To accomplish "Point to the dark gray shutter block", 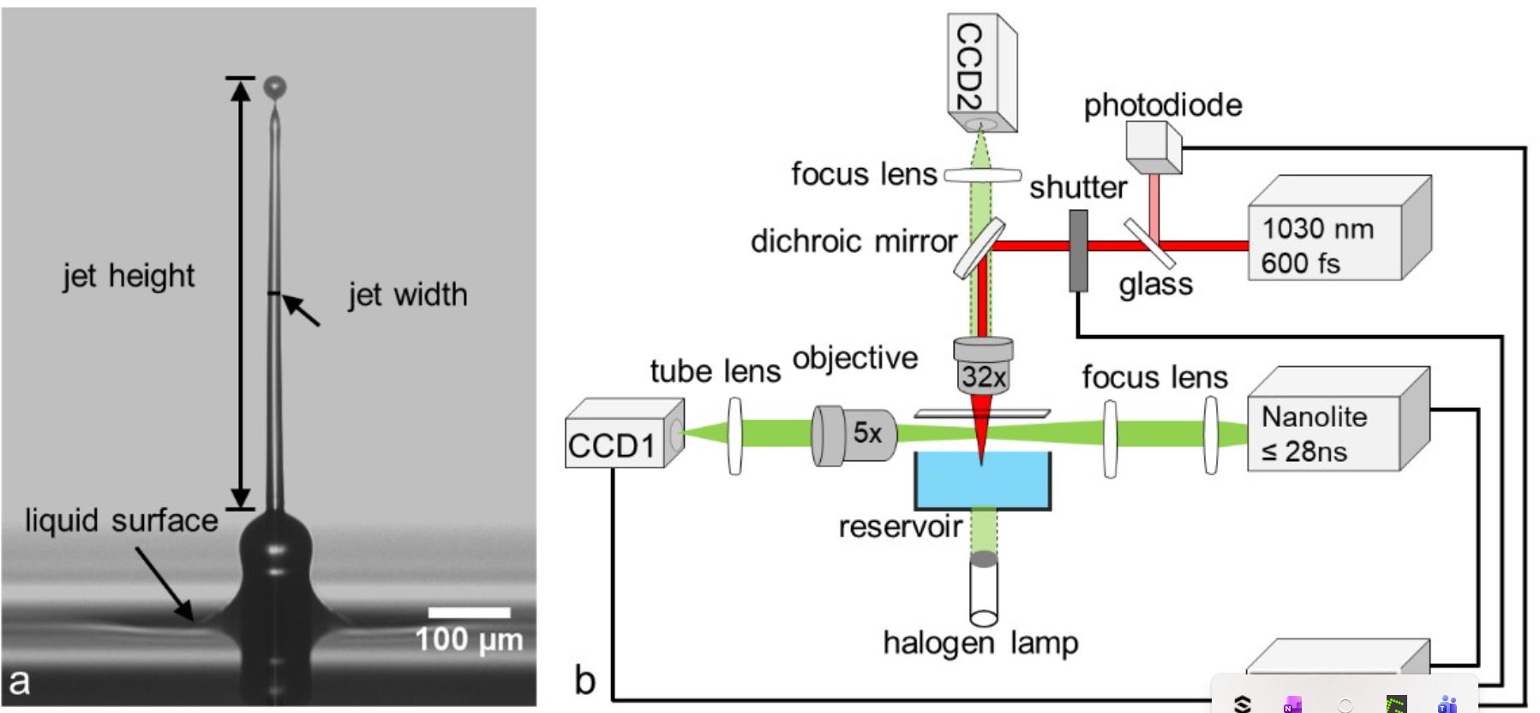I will pos(1078,250).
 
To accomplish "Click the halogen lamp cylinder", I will pos(984,590).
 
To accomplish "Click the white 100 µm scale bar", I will pos(469,613).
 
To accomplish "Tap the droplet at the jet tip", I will pos(274,87).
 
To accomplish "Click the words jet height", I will pos(129,277).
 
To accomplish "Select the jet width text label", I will pos(407,296).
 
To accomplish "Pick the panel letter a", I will pos(19,682).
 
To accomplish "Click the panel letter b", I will pos(584,682).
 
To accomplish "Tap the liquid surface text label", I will pos(121,521).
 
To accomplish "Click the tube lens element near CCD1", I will pos(735,434).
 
